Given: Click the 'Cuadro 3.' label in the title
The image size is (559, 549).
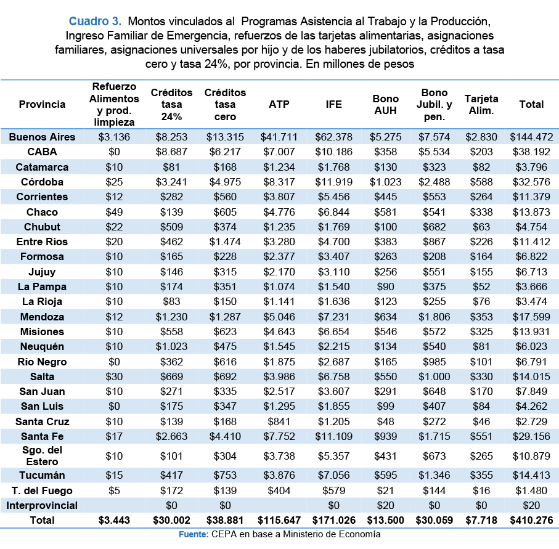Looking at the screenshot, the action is point(95,22).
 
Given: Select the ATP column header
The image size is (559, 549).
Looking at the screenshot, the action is point(279,104).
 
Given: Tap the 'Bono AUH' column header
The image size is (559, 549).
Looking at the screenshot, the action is point(385,105).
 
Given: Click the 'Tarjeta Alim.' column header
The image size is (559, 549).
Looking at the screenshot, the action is point(481,105).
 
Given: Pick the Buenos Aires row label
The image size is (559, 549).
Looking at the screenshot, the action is point(42,137).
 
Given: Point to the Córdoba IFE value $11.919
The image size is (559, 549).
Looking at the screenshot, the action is point(333,182).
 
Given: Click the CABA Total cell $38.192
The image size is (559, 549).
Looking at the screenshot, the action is point(531,152).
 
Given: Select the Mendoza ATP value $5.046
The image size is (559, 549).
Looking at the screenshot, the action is point(279,317).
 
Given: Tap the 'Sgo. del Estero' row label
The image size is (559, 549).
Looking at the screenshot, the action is point(42,455).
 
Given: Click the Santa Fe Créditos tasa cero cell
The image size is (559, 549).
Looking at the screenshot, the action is point(225,436).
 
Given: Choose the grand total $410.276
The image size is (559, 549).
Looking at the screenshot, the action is point(531,520).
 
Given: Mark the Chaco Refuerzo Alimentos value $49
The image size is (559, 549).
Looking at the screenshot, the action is point(114,212).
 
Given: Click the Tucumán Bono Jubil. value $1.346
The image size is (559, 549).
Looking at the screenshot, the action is point(435,475).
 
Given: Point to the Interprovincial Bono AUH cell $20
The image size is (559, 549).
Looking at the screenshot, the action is point(385,505).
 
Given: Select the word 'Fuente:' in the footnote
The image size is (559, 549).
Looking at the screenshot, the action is point(194,534).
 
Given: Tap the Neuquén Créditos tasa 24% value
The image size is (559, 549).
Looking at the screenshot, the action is point(171,346).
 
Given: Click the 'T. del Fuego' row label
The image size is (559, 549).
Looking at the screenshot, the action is point(42,490).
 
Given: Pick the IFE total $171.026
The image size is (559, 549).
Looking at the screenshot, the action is point(333,520).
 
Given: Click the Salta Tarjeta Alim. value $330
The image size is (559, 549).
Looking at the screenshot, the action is point(481,376).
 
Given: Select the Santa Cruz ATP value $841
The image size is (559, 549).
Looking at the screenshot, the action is point(279,421).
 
